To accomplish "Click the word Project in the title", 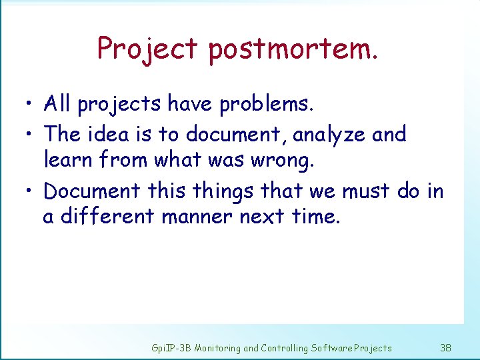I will pyautogui.click(x=147, y=49).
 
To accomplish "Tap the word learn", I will pyautogui.click(x=70, y=160).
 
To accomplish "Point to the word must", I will pyautogui.click(x=366, y=191).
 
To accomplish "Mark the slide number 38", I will pyautogui.click(x=446, y=347).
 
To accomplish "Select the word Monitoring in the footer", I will pyautogui.click(x=218, y=347).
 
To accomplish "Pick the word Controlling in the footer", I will pyautogui.click(x=285, y=347).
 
